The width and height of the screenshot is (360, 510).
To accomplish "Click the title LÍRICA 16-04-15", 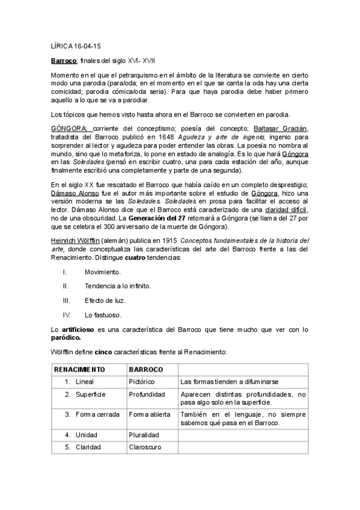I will pyautogui.click(x=75, y=46).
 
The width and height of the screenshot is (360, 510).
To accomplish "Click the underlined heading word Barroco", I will pyautogui.click(x=63, y=61).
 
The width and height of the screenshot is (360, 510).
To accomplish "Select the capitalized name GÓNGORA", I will pyautogui.click(x=69, y=128).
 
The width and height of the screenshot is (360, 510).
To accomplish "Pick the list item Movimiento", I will pyautogui.click(x=102, y=272).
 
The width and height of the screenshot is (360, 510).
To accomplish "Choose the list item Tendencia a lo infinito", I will pyautogui.click(x=117, y=286).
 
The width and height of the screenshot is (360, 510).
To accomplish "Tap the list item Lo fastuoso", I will pyautogui.click(x=103, y=315).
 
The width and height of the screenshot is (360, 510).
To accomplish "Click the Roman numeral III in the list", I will pyautogui.click(x=67, y=300).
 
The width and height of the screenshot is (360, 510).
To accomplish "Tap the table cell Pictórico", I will pyautogui.click(x=142, y=381).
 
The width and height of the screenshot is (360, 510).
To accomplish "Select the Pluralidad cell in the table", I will pyautogui.click(x=144, y=434).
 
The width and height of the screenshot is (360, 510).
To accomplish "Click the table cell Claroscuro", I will pyautogui.click(x=145, y=447).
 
